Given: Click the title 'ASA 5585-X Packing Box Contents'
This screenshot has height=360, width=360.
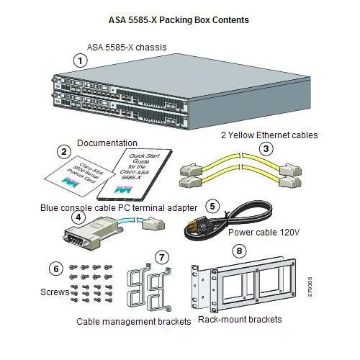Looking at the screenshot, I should click(x=179, y=20).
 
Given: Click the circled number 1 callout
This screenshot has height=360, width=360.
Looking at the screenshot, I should click(x=81, y=61).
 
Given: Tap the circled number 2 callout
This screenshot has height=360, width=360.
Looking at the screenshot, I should click(x=63, y=151).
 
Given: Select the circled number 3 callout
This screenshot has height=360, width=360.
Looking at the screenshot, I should click(x=266, y=148).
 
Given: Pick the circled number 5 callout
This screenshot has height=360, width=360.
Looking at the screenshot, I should click(x=211, y=205).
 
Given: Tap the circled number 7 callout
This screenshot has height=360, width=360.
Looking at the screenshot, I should click(x=162, y=256).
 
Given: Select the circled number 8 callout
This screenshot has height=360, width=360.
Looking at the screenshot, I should click(x=240, y=251).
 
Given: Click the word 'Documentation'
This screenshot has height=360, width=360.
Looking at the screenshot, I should click(x=107, y=143).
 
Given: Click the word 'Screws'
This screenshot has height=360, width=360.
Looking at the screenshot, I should click(x=53, y=292).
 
